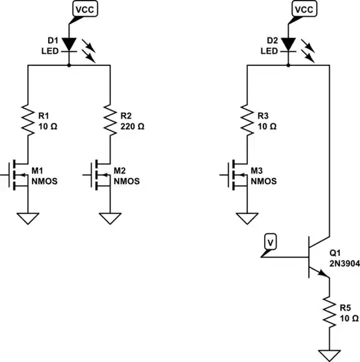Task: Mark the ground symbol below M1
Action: pyautogui.click(x=27, y=218)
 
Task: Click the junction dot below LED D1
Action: pyautogui.click(x=69, y=66)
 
